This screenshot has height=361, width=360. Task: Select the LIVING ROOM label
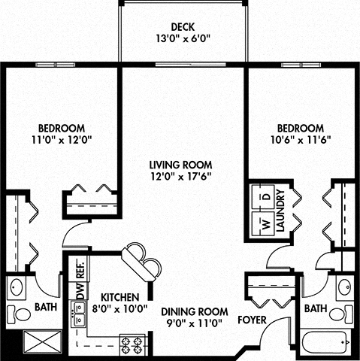180,165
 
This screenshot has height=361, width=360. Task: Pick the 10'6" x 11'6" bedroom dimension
300,139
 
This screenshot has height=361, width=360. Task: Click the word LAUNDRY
280,214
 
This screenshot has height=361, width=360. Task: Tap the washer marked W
264,224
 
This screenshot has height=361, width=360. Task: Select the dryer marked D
264,198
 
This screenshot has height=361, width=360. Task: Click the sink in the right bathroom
343,287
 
